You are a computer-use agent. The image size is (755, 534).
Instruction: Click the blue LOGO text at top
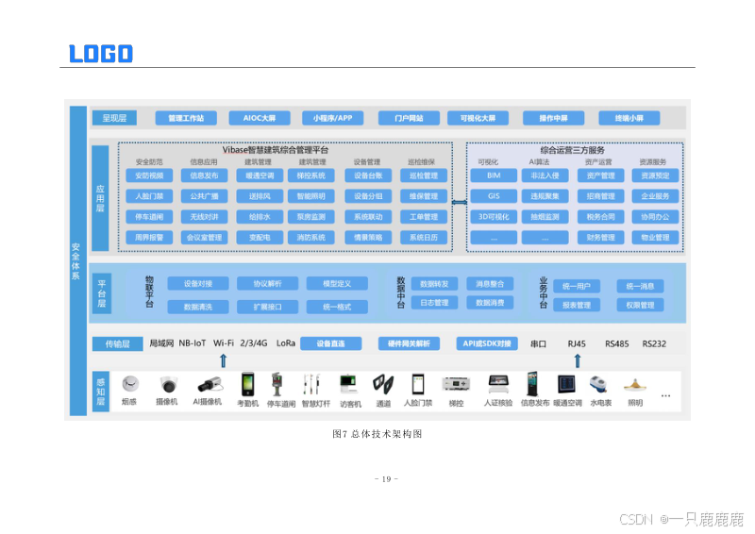(101, 53)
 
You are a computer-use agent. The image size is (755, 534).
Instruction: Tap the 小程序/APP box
(332, 118)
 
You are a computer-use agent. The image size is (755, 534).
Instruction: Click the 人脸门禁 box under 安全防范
(149, 196)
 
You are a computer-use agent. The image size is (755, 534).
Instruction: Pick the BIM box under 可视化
(494, 175)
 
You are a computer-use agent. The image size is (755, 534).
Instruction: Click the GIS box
(494, 196)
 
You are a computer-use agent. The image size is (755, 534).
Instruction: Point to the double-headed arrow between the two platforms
(459, 202)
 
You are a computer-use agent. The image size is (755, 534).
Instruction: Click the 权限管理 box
(640, 306)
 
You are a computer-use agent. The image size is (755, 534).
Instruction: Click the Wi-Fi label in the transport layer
(224, 343)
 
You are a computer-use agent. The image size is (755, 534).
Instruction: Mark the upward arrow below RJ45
(578, 360)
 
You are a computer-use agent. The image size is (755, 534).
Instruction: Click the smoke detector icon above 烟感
(129, 383)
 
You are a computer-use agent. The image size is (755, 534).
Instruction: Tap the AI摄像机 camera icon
(208, 384)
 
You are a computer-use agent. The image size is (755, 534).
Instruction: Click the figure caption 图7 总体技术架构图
(377, 434)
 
